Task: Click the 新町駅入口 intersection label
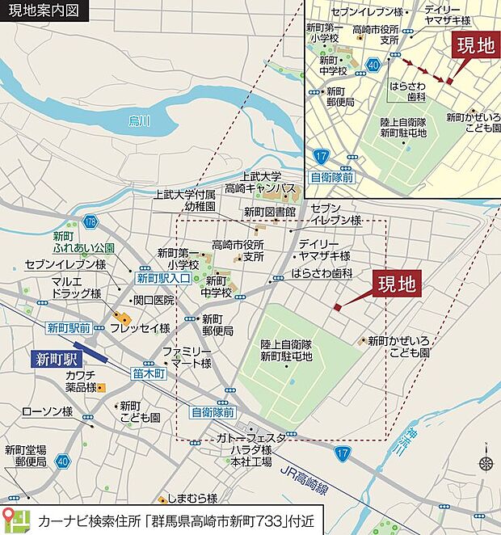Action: click(162, 279)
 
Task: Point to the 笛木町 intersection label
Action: click(149, 373)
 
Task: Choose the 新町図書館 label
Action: click(270, 213)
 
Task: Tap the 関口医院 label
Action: click(154, 300)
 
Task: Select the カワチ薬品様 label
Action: click(81, 381)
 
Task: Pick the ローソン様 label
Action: click(48, 412)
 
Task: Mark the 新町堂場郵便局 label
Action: click(25, 456)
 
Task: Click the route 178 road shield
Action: click(90, 221)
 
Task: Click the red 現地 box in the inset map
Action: click(475, 45)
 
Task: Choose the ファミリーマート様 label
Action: click(187, 357)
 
